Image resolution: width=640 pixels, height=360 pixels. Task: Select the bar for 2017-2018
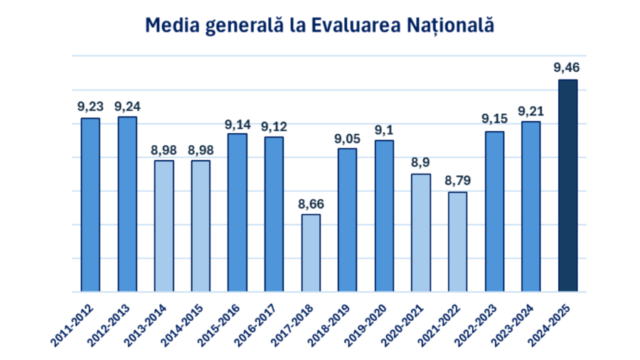311,253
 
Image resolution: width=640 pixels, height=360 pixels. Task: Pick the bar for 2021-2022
457,242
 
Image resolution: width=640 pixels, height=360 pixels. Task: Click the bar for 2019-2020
384,216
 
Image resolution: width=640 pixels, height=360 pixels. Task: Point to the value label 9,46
567,69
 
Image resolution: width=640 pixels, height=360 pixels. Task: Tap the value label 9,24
127,107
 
